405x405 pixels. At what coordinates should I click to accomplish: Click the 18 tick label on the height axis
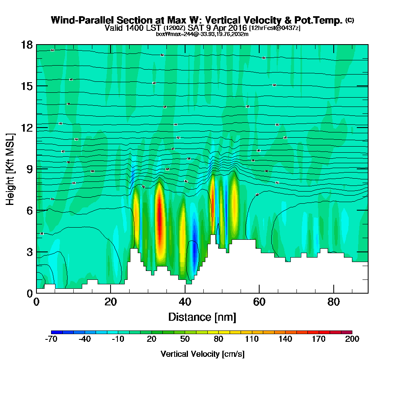coord(26,45)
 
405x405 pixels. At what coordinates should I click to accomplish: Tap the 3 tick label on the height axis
coord(29,252)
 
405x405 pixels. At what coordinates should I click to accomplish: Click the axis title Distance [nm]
coord(202,317)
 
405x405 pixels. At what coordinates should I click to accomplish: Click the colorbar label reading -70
coord(52,339)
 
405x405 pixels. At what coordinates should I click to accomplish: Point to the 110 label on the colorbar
coord(252,339)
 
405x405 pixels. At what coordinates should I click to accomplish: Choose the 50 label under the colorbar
coord(185,339)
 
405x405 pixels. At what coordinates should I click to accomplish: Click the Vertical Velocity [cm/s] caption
coord(202,354)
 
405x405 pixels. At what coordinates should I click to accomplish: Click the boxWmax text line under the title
coord(202,34)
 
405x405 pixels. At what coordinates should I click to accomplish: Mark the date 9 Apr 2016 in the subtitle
coord(226,28)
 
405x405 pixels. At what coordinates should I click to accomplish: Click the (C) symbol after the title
coord(350,20)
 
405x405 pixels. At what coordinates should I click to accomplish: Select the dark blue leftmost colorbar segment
coord(57,332)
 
